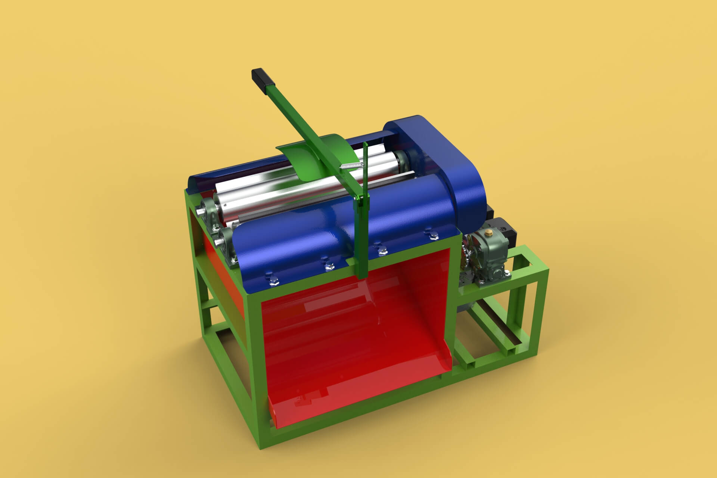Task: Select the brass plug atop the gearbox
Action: [x=487, y=234]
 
